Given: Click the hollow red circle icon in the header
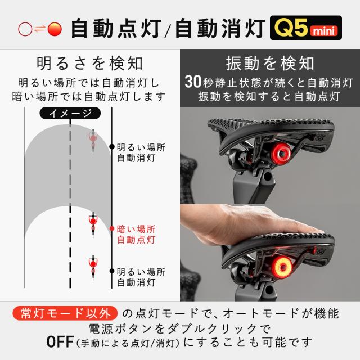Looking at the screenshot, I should coord(25,29).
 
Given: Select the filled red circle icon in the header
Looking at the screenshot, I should coord(54,29).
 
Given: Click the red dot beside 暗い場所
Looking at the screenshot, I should coord(111,229).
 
